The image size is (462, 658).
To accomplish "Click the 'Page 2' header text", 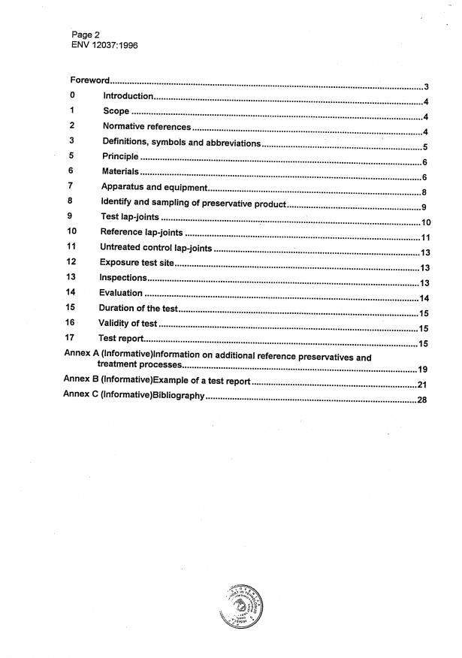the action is coord(86,35).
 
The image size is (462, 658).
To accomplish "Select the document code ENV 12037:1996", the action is coord(104,44).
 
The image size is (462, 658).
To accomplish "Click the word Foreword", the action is coord(91,80).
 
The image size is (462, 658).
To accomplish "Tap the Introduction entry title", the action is coord(128,96).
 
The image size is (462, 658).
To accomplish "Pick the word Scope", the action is coord(116,111).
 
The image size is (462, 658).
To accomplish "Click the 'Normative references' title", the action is coord(146,127).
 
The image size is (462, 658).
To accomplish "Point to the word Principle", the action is coord(120,157).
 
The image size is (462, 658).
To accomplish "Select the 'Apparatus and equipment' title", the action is coord(154,187).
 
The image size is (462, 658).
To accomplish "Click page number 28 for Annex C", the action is coord(421,400).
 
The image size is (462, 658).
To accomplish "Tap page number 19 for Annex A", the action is coord(422,370).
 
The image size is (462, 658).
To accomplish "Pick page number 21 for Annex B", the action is coord(421,385).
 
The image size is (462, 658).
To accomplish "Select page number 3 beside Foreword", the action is coord(425,87).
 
